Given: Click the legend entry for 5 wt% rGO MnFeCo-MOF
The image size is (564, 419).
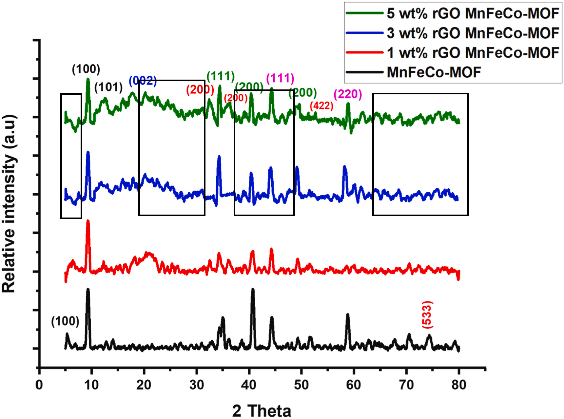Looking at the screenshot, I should point(473,13).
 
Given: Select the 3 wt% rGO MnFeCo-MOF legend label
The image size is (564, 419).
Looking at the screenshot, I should point(473,33).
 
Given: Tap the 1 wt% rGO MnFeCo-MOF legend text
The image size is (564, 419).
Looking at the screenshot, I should point(473,53).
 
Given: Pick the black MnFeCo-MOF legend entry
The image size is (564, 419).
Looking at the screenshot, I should point(434,72).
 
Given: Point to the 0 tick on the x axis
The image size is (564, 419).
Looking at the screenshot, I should point(39,385).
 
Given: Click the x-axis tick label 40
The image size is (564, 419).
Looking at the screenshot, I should point(249,385).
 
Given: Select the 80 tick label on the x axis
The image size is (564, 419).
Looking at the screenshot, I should point(458,385).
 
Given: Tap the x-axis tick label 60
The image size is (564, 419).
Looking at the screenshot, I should point(354,385).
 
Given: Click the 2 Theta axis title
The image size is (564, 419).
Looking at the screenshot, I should point(262,411).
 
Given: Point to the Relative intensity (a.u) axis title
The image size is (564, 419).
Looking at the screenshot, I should point(9,203).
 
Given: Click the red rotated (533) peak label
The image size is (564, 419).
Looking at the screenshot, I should point(427,314).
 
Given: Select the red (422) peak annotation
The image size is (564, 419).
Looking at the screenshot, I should point(321,105).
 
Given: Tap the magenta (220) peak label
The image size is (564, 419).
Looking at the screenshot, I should point(348,94).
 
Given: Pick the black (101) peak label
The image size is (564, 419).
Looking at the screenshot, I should point(108,87).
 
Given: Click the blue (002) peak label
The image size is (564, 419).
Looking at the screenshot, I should point(143,81).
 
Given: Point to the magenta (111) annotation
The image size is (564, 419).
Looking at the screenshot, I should point(280,78).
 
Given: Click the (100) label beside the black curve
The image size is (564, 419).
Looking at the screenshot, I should point(65,321).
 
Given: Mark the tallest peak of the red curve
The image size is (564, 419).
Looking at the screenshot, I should point(88,221).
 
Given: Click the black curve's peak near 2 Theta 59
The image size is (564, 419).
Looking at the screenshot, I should point(348,315).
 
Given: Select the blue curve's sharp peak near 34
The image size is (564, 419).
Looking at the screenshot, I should point(219,157).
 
